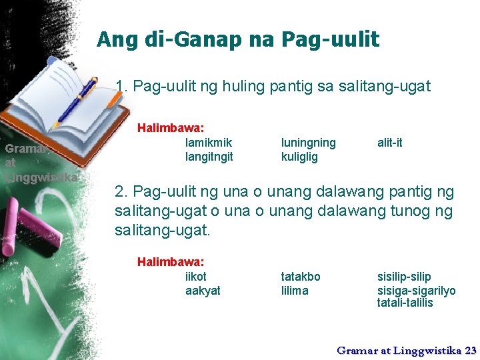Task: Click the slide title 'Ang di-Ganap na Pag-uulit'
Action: (238, 40)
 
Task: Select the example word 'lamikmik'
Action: (208, 143)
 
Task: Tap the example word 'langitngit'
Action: (209, 157)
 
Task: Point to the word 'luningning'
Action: (309, 143)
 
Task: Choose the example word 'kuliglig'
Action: (299, 157)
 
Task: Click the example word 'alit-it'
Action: (390, 143)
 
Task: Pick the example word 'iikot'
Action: (196, 277)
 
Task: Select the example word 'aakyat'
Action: (203, 291)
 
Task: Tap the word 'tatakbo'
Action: (301, 277)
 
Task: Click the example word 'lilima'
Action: (295, 291)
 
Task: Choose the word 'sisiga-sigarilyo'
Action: (417, 291)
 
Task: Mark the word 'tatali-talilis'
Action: (405, 303)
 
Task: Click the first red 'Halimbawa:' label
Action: (171, 127)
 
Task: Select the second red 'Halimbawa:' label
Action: (171, 262)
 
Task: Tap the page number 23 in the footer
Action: (470, 349)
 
